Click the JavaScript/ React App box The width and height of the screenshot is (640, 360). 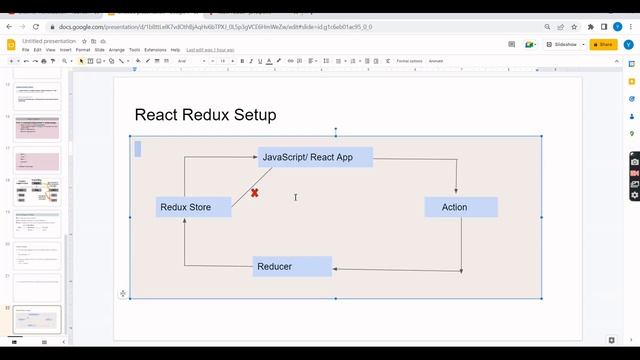point(315,157)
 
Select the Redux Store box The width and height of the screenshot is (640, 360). point(194,207)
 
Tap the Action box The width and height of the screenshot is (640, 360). point(461,207)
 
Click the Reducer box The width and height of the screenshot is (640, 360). point(292,266)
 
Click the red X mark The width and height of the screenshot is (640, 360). point(255,192)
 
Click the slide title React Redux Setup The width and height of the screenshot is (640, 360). point(205,115)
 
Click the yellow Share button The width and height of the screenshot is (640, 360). point(603,44)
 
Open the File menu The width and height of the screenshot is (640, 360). point(26,49)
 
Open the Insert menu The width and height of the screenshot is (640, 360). point(66,49)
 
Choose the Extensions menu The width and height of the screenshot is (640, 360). point(155,49)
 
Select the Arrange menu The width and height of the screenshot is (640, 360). point(117,49)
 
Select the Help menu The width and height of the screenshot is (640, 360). point(175,49)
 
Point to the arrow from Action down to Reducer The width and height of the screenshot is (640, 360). point(461,244)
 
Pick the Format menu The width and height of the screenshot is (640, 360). point(83,49)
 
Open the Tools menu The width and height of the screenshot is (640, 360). point(135,49)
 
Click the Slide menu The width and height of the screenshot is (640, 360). point(100,49)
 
